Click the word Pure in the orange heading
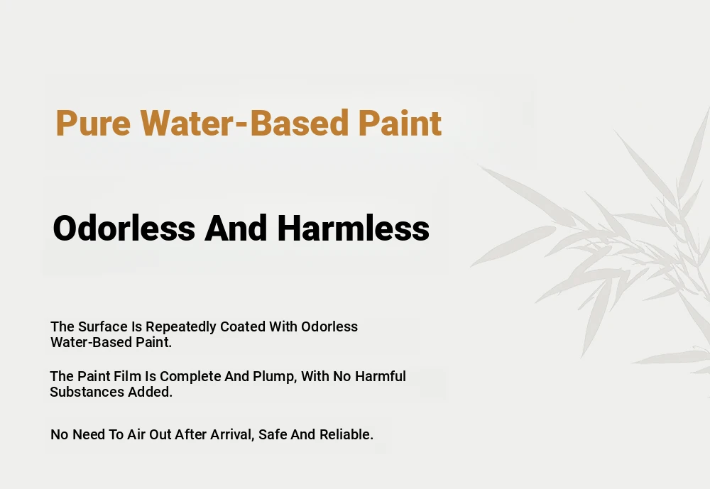point(93,123)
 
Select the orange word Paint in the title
point(400,123)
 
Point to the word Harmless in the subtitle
point(353,228)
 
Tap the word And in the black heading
point(236,228)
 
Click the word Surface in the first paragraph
point(103,326)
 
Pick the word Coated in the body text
point(243,326)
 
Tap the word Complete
point(190,377)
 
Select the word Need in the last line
point(89,434)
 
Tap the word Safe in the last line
point(273,434)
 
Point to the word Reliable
point(346,434)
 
